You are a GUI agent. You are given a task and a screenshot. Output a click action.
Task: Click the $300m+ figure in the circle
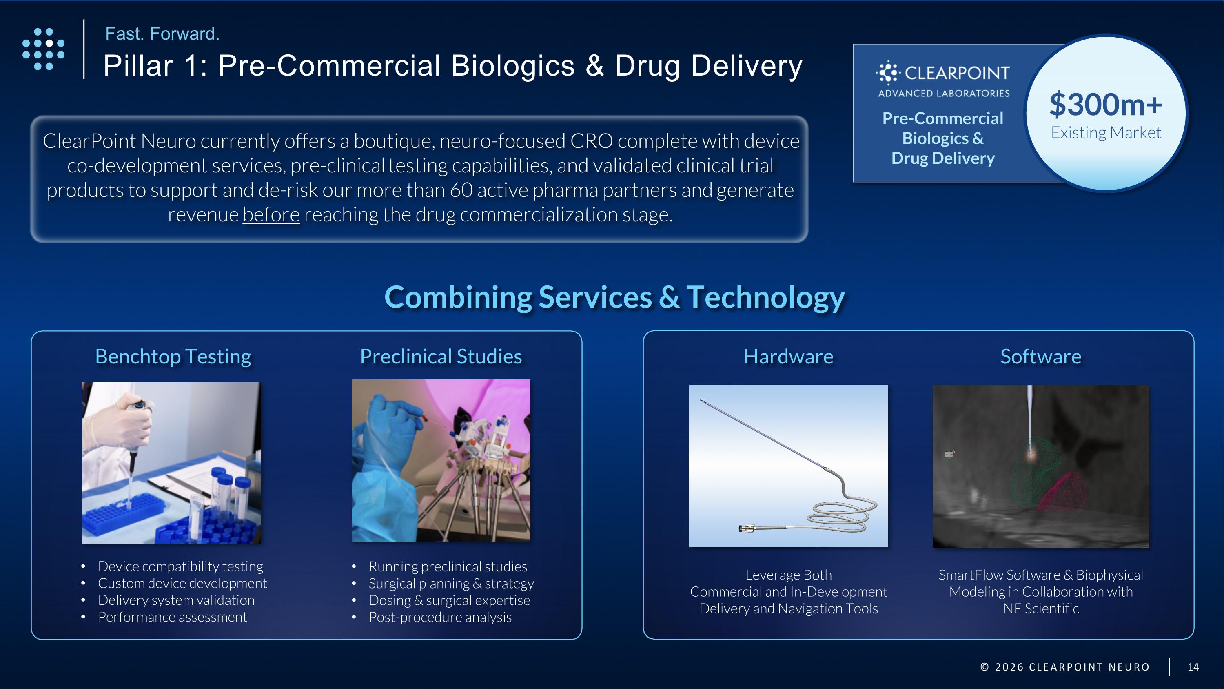(x=1105, y=105)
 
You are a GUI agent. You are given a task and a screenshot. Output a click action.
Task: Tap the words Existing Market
(x=1105, y=133)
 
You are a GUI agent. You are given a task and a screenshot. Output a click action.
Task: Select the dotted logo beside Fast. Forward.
(x=44, y=49)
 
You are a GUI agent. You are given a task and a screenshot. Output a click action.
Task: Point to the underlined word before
(x=271, y=214)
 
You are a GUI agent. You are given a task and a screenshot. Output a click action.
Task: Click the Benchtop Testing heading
(x=173, y=357)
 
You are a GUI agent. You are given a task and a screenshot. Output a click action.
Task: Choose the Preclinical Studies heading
(x=441, y=357)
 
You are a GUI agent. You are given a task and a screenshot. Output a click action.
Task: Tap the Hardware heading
(x=788, y=357)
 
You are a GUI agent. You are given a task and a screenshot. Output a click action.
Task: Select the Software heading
(x=1040, y=357)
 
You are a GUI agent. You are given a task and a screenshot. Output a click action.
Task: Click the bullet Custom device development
(x=182, y=584)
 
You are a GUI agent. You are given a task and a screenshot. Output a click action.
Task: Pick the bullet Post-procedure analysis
(x=440, y=617)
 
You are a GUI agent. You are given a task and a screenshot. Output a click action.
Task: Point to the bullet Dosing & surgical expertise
(x=449, y=600)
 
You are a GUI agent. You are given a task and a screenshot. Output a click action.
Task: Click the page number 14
(x=1193, y=667)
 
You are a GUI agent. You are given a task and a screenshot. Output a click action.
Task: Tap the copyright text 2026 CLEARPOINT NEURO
(x=1071, y=667)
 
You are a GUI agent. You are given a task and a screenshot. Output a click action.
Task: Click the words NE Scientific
(x=1040, y=609)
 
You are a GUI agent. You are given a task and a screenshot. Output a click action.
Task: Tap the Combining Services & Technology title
(x=614, y=297)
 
